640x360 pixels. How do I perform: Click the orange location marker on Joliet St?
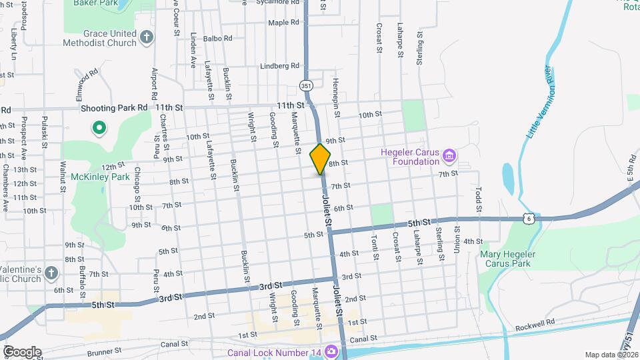(320, 159)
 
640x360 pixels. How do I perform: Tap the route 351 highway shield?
(305, 85)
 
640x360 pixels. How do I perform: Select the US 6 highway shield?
(529, 218)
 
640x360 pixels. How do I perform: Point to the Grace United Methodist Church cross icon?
(147, 38)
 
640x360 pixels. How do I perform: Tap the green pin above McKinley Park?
(99, 127)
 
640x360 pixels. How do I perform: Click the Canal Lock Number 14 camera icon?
(331, 351)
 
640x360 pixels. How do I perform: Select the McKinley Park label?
(91, 178)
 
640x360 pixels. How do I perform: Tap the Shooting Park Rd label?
(114, 107)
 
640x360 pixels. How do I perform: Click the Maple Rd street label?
(283, 23)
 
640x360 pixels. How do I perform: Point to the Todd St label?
(478, 195)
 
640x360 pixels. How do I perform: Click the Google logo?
(21, 351)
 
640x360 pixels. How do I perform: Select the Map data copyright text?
(611, 355)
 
